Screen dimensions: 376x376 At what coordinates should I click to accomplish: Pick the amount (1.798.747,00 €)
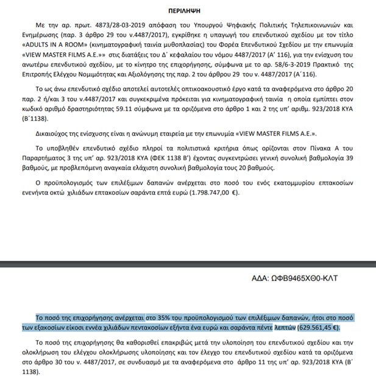pyautogui.click(x=211, y=193)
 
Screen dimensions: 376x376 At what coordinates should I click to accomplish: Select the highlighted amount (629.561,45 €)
pyautogui.click(x=318, y=327)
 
